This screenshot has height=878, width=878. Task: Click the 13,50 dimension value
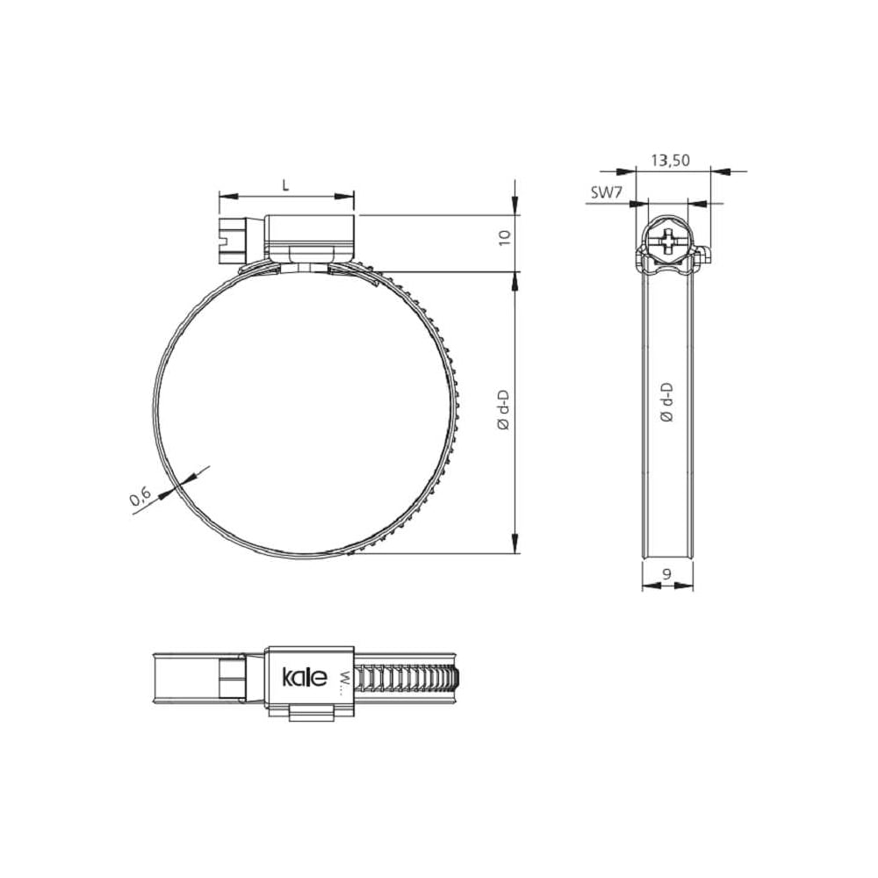click(670, 160)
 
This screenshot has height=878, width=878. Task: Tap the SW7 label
click(607, 192)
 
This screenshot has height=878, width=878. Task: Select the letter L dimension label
click(285, 185)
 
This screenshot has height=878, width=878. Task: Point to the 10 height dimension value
click(505, 237)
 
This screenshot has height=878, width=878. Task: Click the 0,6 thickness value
click(140, 497)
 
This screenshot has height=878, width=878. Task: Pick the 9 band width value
click(667, 574)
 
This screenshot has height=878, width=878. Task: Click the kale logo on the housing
click(304, 677)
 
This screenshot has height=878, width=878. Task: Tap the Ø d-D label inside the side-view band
click(666, 402)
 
